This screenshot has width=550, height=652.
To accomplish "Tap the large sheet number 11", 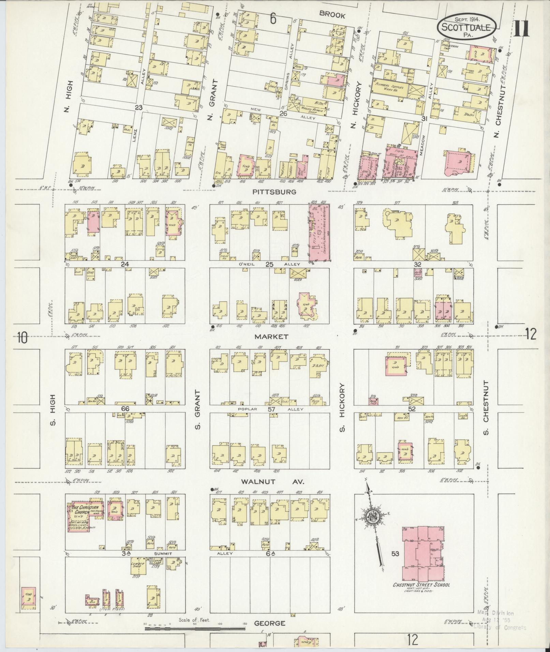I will click(521, 28).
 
